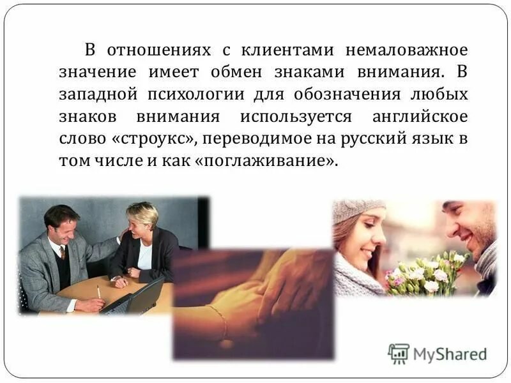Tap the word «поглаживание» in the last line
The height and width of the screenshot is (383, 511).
[x=268, y=160]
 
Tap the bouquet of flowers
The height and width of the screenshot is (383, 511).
[x=425, y=273]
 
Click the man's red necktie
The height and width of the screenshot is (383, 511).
[x=63, y=253]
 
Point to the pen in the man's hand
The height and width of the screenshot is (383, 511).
[x=98, y=292]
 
